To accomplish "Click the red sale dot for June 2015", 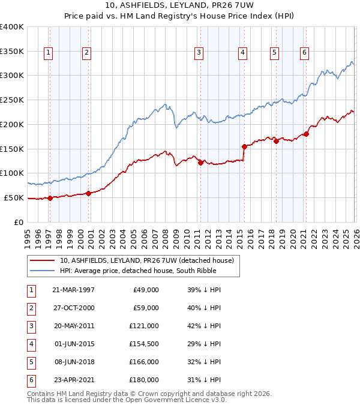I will coord(244,146).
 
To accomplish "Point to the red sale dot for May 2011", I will coord(200,163).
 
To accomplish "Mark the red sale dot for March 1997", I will coord(50,198).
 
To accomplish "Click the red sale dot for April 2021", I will coord(306,134).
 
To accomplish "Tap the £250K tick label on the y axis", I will coord(12,100).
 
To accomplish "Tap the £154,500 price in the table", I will coord(145,344).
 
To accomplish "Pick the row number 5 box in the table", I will coord(30,362).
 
